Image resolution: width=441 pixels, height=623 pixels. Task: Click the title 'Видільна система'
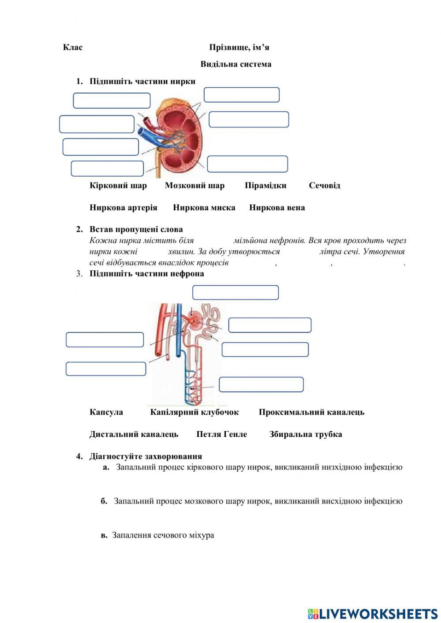(x=236, y=64)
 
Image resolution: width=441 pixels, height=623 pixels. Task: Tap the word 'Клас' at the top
(x=73, y=47)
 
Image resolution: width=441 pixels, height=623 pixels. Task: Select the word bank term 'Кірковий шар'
(x=118, y=186)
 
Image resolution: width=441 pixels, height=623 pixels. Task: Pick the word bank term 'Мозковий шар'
(x=194, y=186)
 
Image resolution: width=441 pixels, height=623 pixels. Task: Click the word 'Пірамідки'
(x=265, y=186)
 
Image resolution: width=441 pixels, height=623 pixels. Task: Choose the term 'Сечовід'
(x=325, y=186)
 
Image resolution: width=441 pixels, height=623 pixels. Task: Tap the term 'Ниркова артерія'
(x=123, y=208)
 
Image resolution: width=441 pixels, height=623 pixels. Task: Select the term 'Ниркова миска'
(x=204, y=208)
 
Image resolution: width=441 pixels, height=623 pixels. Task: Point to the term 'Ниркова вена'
(x=277, y=208)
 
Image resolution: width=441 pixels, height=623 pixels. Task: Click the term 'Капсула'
(x=106, y=412)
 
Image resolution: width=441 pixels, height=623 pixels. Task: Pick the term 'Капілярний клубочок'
(x=194, y=412)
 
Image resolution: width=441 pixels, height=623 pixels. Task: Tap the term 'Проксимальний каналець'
(x=311, y=412)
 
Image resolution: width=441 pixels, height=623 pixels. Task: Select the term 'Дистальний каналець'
(x=134, y=434)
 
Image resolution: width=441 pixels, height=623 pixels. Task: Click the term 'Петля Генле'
(x=222, y=434)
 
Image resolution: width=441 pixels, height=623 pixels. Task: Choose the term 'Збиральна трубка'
(x=306, y=434)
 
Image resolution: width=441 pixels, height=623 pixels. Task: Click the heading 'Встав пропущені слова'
(x=136, y=229)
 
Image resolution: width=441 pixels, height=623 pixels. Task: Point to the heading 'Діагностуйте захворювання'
(x=146, y=456)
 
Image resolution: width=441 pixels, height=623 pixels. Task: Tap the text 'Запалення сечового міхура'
(x=163, y=535)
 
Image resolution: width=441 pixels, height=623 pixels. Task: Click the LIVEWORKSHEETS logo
(x=373, y=614)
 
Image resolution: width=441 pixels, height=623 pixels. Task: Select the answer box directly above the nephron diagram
(x=235, y=292)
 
